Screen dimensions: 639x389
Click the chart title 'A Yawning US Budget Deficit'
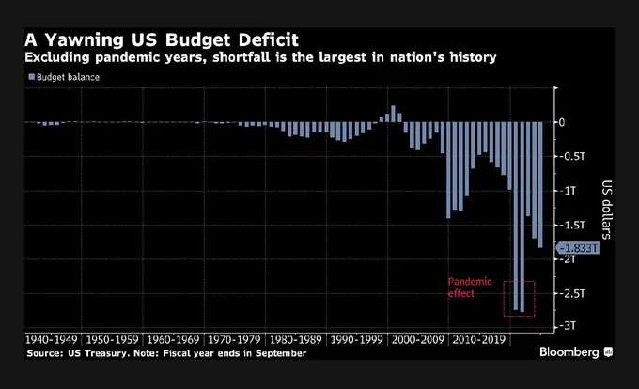162,39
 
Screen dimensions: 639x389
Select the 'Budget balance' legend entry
64,77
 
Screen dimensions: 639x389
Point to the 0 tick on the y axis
562,122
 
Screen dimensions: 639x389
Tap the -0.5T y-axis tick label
572,156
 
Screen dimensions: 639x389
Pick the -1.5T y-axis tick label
572,225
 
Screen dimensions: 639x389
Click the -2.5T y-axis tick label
572,293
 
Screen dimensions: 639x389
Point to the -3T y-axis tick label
568,325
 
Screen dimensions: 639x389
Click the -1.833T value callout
578,248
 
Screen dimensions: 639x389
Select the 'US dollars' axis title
607,210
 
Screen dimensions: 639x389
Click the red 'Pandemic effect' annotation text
470,288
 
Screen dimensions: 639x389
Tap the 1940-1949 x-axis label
52,340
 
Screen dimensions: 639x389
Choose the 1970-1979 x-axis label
234,340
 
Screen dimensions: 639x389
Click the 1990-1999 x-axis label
356,340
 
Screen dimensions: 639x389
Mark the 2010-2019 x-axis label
479,340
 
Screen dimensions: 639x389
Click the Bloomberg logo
576,352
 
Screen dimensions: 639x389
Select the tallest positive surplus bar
393,114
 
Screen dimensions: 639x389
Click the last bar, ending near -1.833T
540,185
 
